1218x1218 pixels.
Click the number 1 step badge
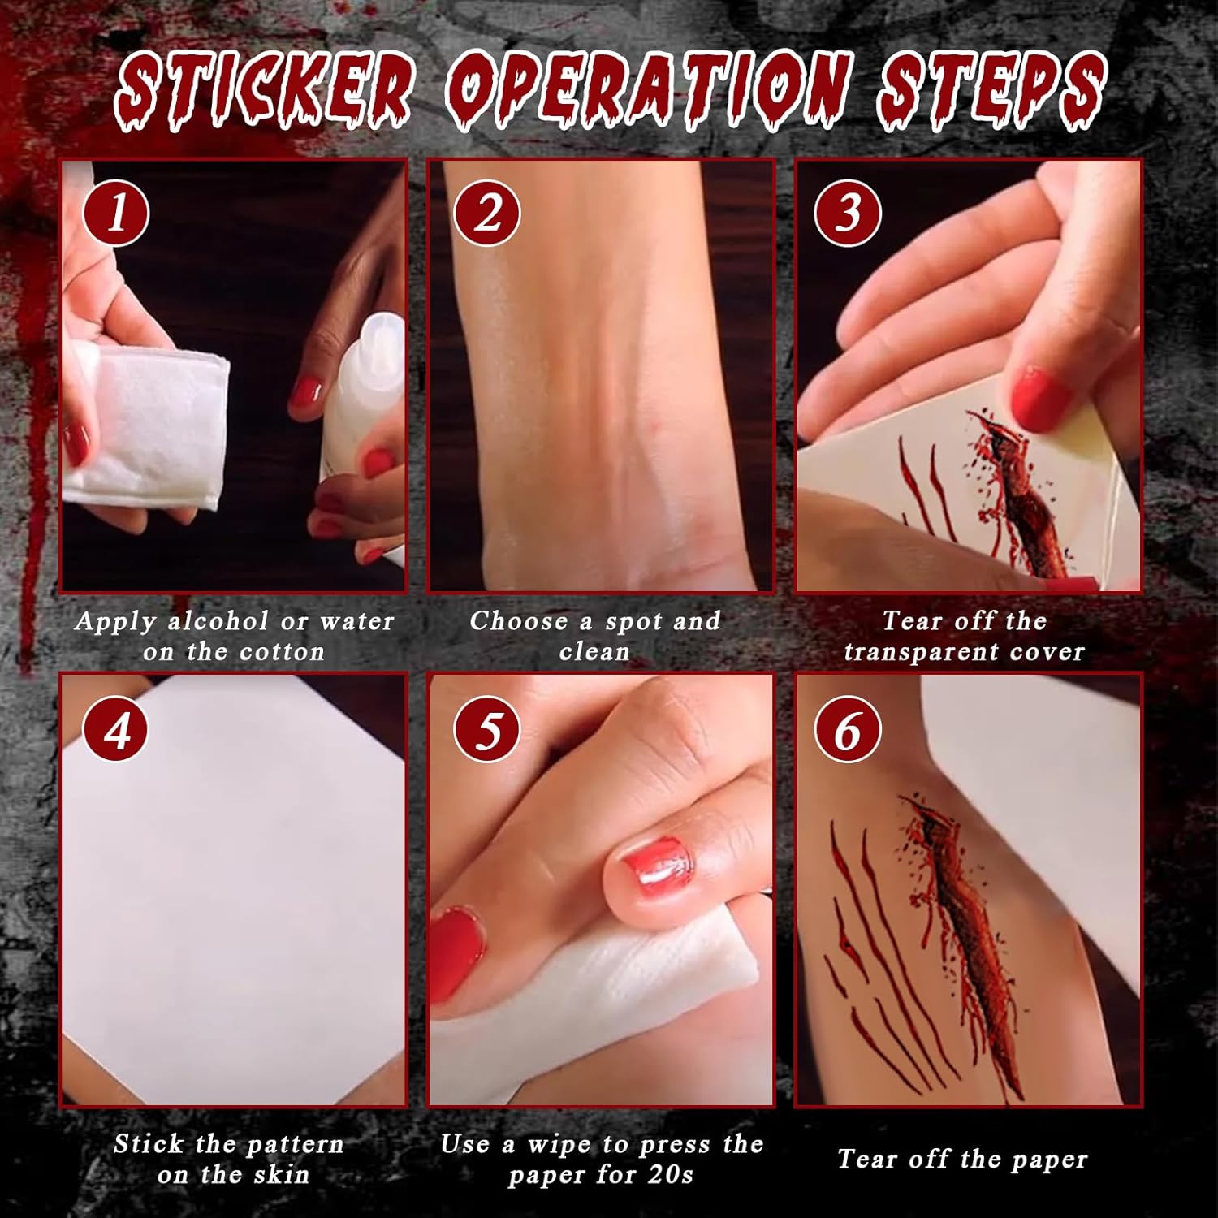coord(116,213)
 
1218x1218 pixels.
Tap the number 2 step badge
coord(486,213)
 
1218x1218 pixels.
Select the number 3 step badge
coord(848,213)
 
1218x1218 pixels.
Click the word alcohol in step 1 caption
coord(217,621)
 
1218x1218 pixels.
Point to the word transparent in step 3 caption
coord(922,652)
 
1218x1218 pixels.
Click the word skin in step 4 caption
coord(281,1174)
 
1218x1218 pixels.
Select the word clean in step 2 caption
coord(594,652)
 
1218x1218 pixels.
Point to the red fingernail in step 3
coord(1042,399)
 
